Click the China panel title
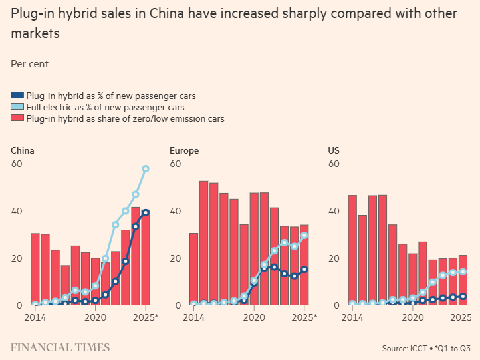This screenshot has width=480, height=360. tap(23, 150)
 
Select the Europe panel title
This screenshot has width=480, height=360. tap(184, 150)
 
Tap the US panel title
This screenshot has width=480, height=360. tap(334, 150)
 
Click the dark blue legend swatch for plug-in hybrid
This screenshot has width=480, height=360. tap(17, 96)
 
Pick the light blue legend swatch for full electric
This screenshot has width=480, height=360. tap(17, 107)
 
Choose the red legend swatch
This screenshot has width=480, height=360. tap(17, 118)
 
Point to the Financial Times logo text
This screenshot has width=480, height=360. tap(60, 347)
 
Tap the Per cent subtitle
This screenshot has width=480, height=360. tap(29, 64)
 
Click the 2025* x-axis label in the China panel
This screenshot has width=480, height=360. tap(148, 317)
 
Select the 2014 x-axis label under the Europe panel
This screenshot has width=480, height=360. tap(194, 317)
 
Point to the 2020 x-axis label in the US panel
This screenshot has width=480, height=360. tap(413, 317)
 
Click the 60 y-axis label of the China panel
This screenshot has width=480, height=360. tap(16, 164)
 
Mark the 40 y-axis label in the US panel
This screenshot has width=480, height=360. tap(334, 211)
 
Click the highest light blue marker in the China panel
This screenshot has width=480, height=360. tap(146, 169)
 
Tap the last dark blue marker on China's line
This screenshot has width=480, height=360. tap(146, 212)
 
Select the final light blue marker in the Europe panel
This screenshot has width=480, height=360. tap(304, 235)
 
